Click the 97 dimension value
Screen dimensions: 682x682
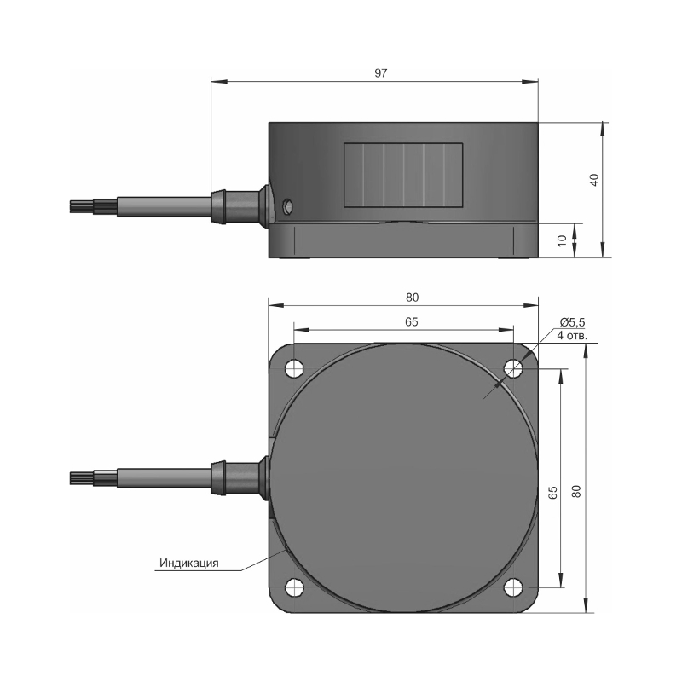click(380, 73)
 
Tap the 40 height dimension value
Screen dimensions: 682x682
click(594, 180)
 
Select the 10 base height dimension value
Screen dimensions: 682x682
click(563, 240)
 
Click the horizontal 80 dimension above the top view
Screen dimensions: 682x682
click(412, 298)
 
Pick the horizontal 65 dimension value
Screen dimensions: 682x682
click(412, 322)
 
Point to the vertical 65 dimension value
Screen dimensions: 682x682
click(552, 493)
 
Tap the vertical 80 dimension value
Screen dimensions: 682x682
click(576, 492)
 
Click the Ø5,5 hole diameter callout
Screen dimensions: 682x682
click(572, 322)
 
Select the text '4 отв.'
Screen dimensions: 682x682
click(572, 335)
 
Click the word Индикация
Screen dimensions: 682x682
click(188, 564)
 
